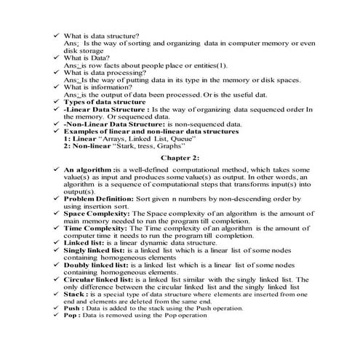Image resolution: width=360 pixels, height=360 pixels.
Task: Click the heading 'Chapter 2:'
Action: click(180, 157)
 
